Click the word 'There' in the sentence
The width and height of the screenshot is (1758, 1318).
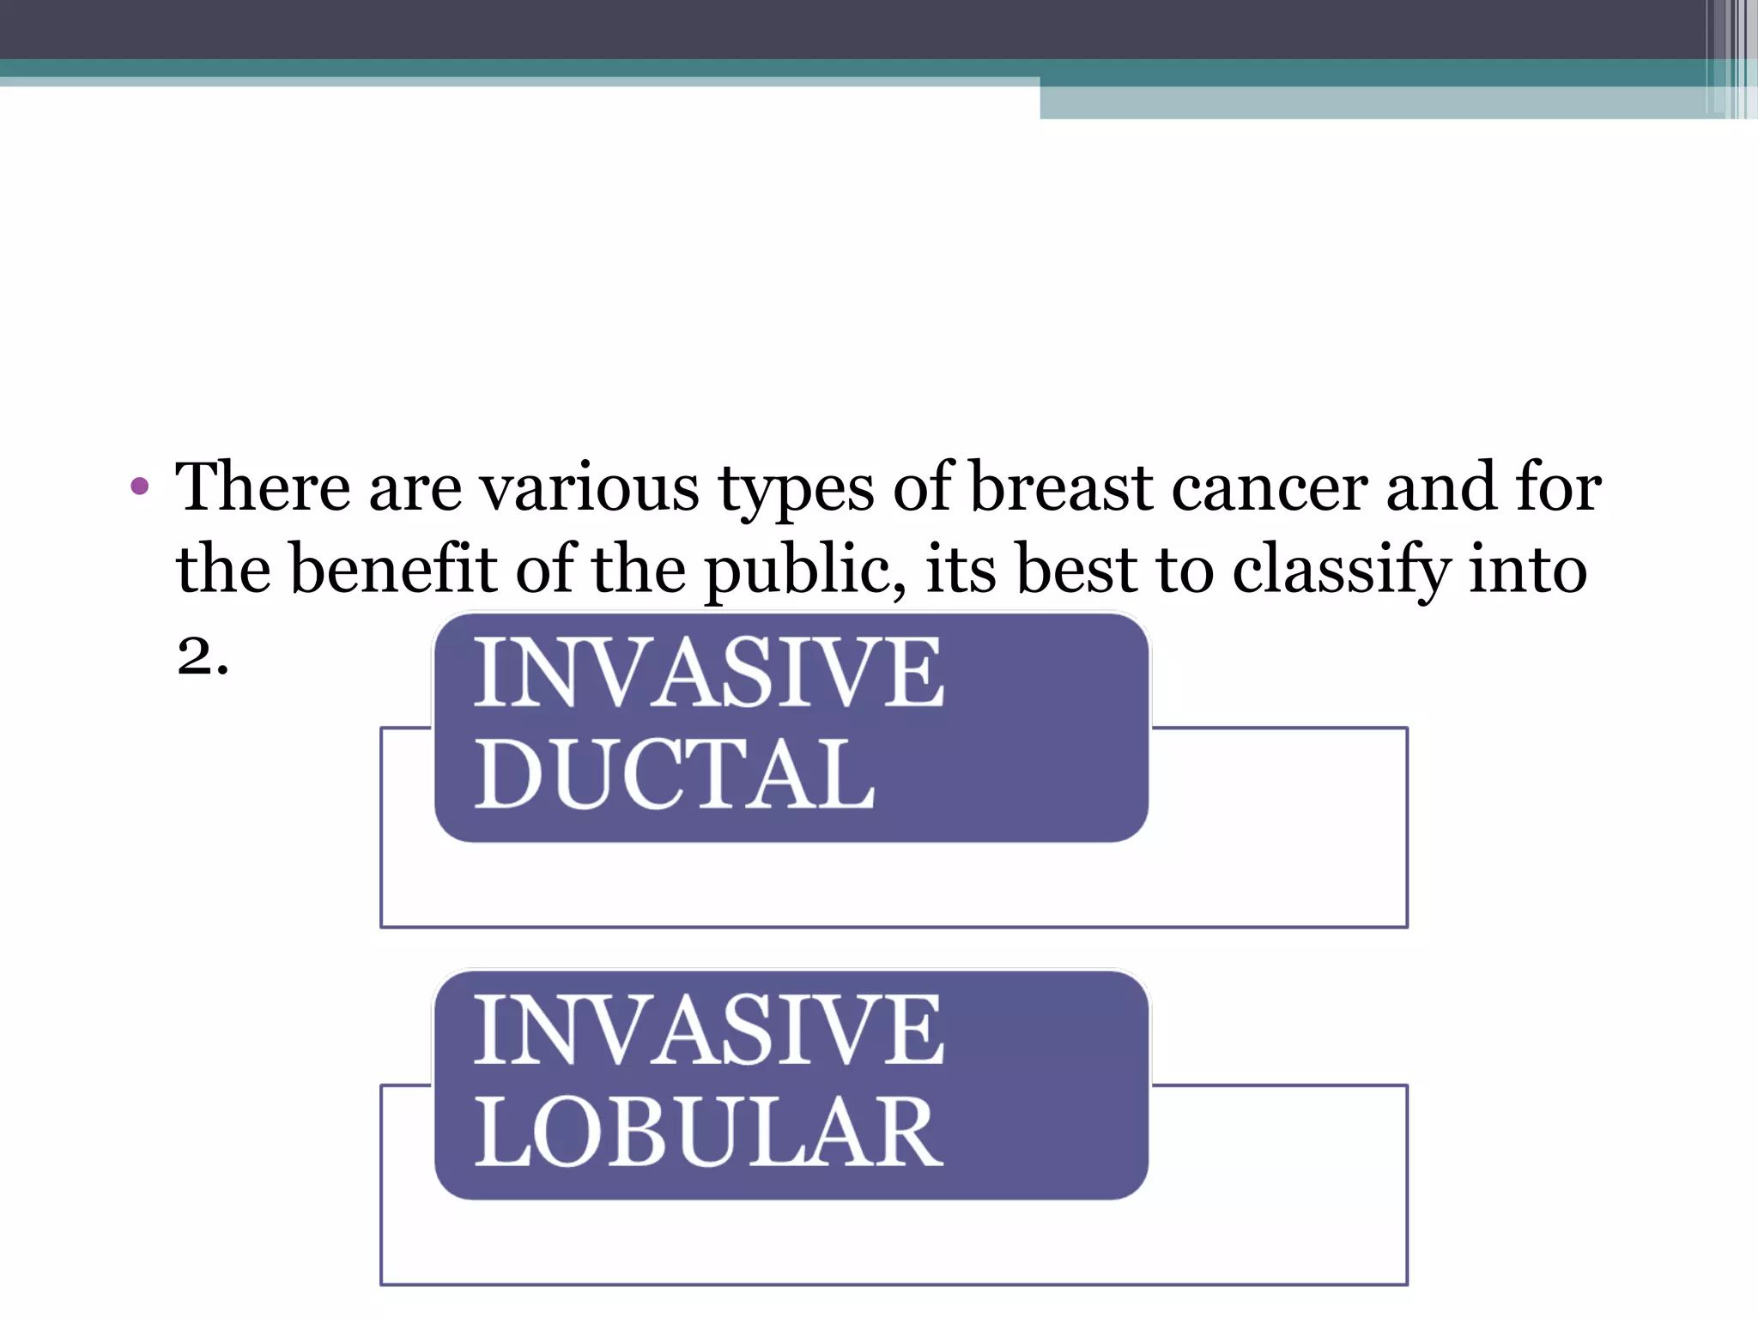pos(263,487)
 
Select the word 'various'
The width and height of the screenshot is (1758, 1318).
pos(589,487)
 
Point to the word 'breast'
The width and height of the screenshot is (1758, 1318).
pos(1060,487)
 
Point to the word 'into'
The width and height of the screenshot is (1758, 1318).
pos(1528,568)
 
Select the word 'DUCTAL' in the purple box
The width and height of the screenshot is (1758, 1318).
pos(675,773)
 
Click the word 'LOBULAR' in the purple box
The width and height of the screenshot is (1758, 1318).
pos(708,1132)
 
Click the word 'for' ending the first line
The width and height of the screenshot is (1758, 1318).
pos(1558,487)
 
